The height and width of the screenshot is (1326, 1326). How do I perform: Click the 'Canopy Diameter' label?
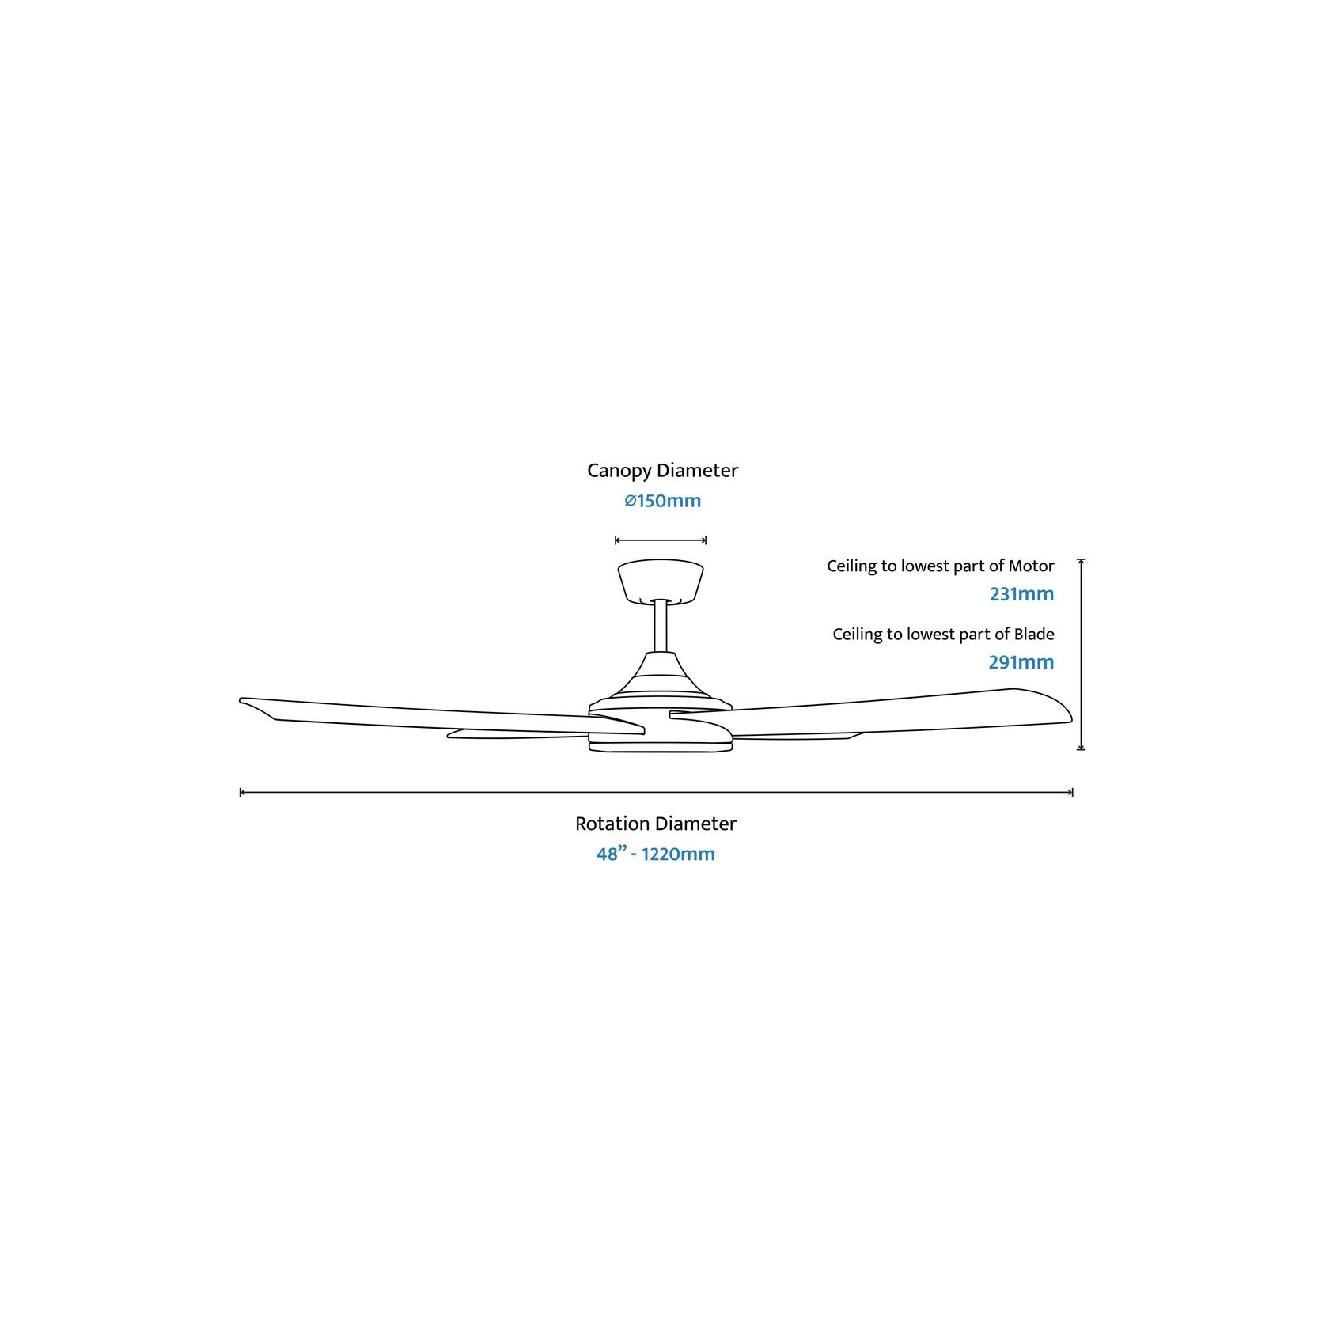point(662,471)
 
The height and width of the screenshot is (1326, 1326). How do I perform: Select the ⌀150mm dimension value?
point(662,502)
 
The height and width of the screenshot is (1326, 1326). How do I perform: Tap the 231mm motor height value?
point(1021,594)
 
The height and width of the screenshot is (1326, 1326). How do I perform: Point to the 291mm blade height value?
point(1021,662)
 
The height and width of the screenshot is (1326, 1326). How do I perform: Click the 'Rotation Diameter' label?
point(655,824)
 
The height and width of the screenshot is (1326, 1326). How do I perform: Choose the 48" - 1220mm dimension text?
point(655,854)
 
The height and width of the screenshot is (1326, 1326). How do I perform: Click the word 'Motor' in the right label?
point(1032,566)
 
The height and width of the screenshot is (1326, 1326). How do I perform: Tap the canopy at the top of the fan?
point(661,582)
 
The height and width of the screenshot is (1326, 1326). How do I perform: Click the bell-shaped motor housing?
point(661,680)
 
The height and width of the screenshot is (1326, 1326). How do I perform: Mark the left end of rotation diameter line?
point(241,792)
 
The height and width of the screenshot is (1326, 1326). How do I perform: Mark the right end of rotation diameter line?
point(1072,792)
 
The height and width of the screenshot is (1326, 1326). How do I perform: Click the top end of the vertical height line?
point(1081,559)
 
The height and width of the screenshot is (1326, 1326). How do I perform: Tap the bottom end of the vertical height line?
point(1081,748)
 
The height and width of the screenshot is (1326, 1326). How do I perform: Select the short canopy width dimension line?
point(661,540)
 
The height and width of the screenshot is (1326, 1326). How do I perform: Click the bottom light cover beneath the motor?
point(661,746)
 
